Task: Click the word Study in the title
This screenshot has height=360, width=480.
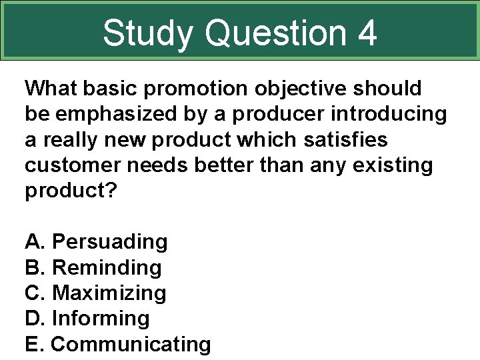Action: click(149, 33)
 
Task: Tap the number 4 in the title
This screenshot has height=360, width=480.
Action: click(366, 33)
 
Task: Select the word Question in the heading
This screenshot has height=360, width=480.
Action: click(276, 33)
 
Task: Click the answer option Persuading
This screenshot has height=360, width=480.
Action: click(109, 241)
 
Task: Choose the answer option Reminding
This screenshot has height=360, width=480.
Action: click(107, 267)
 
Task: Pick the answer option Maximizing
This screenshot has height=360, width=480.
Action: click(109, 293)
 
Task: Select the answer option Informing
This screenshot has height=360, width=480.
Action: click(101, 319)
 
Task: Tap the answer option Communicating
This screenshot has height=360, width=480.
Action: click(131, 345)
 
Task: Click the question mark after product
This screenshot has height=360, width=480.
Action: click(111, 191)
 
